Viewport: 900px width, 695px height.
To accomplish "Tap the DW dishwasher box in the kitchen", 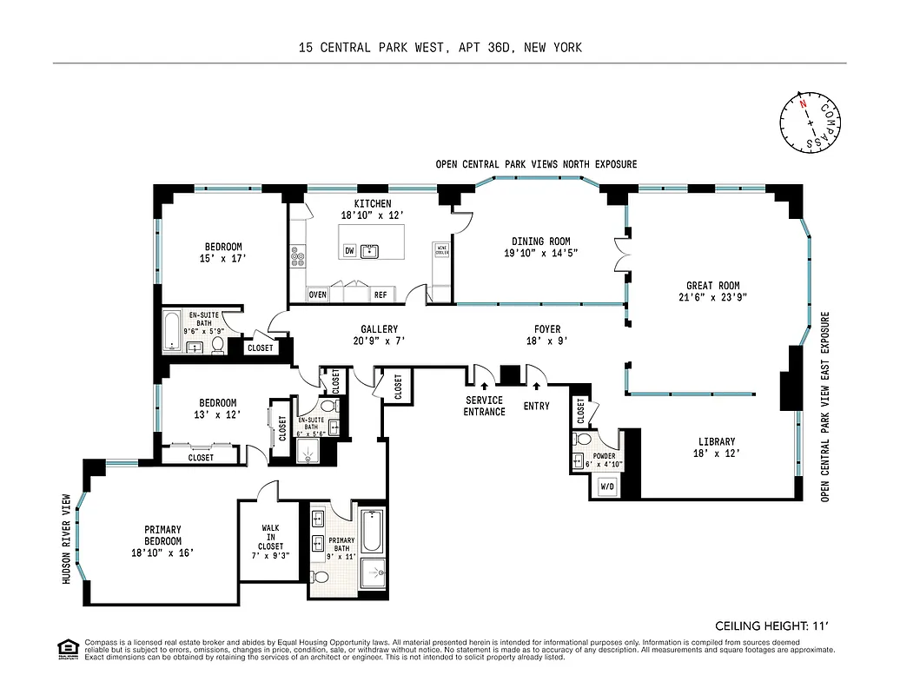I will click(x=349, y=251).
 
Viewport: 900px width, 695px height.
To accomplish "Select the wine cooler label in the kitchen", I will click(x=441, y=249).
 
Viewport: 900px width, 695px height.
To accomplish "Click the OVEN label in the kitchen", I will click(x=318, y=295).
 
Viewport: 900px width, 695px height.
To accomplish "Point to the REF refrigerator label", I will click(x=381, y=295).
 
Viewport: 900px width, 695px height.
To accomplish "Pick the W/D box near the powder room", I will click(x=606, y=487).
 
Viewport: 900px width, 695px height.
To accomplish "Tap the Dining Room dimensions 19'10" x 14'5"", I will click(x=540, y=254).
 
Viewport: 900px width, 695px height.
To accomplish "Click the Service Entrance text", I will click(x=484, y=406).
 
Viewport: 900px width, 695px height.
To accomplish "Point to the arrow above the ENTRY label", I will click(x=538, y=386).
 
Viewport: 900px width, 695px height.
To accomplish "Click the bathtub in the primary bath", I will click(x=371, y=531).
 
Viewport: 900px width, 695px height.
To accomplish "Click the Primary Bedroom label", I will click(x=163, y=540).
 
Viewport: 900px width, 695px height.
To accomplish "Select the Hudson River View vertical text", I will click(x=65, y=538).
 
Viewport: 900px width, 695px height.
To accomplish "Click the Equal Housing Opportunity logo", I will click(x=66, y=649).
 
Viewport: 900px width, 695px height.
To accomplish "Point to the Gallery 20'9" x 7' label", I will click(x=380, y=335).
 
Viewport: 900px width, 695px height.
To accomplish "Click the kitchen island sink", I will click(x=371, y=251).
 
